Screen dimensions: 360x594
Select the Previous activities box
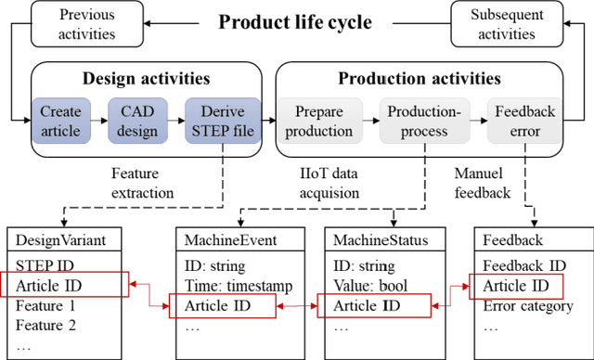(87, 25)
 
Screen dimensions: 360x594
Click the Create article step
(61, 122)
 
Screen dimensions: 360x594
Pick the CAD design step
(137, 122)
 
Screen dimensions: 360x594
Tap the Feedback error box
(524, 122)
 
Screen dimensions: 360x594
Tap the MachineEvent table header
(217, 241)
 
